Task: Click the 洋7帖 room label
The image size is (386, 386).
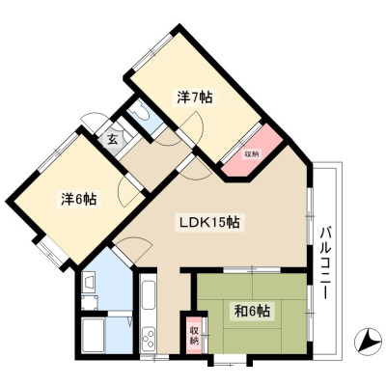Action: [195, 96]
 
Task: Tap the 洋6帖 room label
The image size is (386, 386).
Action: [79, 199]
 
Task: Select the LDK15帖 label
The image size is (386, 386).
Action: [209, 222]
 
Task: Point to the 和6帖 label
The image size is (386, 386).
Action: [252, 311]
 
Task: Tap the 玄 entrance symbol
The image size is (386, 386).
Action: [112, 140]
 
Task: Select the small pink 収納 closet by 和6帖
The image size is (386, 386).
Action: [194, 335]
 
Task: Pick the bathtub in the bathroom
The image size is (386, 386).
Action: [93, 335]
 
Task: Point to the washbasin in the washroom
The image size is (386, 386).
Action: [89, 281]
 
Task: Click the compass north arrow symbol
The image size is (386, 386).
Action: [368, 342]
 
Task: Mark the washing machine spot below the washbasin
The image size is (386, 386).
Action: [89, 303]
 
